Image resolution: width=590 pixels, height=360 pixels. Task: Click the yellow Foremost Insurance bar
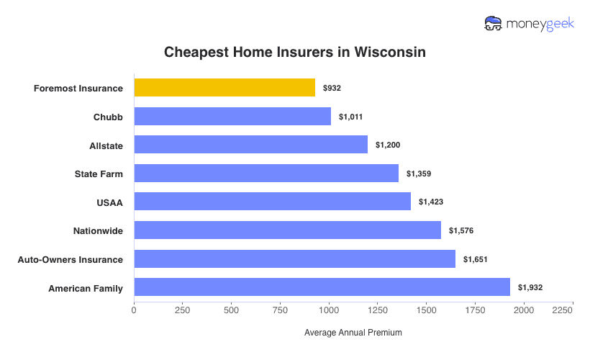tap(224, 88)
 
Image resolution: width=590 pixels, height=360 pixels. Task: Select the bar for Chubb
tap(232, 117)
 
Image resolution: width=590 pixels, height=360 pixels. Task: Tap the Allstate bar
tap(250, 145)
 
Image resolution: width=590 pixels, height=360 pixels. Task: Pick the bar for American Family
tap(322, 287)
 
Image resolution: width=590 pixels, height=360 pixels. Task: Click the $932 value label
tap(332, 88)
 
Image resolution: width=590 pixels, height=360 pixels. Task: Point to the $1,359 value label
tap(418, 174)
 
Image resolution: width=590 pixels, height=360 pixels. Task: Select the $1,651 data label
tap(475, 259)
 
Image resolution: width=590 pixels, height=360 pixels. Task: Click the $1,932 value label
tap(530, 287)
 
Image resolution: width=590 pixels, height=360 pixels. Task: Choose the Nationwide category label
tap(98, 231)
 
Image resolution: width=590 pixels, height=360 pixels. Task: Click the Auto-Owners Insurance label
tap(71, 259)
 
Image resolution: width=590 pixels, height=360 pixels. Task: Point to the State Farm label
tap(99, 174)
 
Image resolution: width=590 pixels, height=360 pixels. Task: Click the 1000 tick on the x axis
tap(329, 310)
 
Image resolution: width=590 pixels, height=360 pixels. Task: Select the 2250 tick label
tap(563, 310)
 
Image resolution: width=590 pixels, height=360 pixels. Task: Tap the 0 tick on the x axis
tap(134, 310)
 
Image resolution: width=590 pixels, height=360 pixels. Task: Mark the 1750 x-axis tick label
tap(475, 310)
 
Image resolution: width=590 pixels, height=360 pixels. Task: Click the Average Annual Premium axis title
tap(353, 333)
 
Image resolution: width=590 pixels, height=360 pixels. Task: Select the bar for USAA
tap(272, 202)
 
